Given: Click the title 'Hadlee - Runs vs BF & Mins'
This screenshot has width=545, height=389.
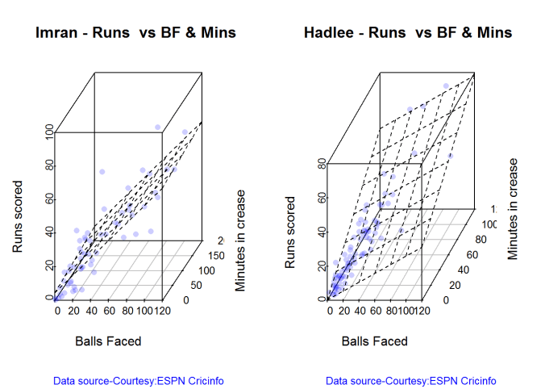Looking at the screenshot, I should click(x=408, y=33).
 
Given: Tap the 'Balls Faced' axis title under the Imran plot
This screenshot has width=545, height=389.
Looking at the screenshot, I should click(x=108, y=341).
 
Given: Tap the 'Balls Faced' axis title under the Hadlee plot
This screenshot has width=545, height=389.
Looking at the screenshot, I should click(x=375, y=341).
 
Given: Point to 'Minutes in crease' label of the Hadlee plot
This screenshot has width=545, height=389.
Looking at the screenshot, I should click(x=513, y=209).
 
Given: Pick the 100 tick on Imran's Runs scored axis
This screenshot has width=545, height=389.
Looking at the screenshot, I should click(x=49, y=131).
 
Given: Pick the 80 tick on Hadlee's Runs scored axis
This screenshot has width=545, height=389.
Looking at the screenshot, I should click(x=321, y=163).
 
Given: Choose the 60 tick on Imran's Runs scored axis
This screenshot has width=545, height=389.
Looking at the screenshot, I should click(x=49, y=198).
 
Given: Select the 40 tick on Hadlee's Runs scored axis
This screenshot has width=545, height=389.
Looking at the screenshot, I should click(x=321, y=230).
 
